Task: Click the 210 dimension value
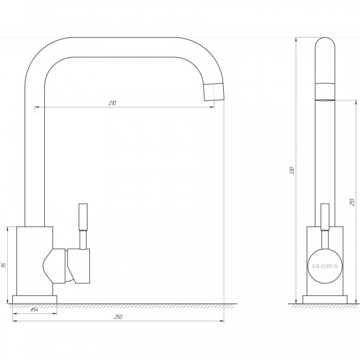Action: pyautogui.click(x=113, y=103)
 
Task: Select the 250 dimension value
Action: pyautogui.click(x=118, y=317)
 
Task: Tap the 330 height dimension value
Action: pyautogui.click(x=292, y=171)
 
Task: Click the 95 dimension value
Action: pyautogui.click(x=4, y=265)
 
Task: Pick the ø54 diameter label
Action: pyautogui.click(x=34, y=310)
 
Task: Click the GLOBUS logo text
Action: pyautogui.click(x=325, y=266)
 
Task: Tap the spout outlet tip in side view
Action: pyautogui.click(x=325, y=100)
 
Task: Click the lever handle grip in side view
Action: pyautogui.click(x=325, y=217)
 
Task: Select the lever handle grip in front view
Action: pyautogui.click(x=83, y=217)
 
